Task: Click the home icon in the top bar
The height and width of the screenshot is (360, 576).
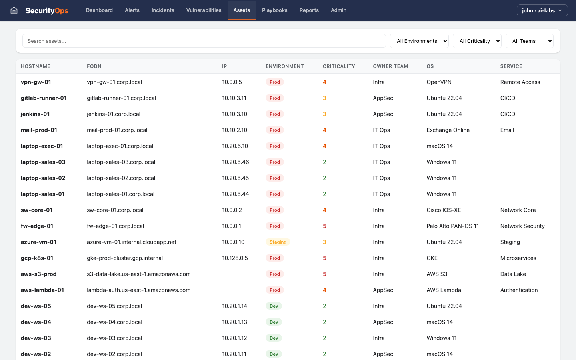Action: click(x=14, y=10)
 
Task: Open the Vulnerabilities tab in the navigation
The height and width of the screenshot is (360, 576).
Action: click(x=204, y=10)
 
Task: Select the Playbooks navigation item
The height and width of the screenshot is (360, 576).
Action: click(x=274, y=10)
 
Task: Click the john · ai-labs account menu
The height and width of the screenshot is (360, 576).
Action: click(x=542, y=10)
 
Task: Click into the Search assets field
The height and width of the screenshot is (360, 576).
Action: click(x=204, y=41)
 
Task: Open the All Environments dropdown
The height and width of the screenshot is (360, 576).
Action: click(x=419, y=41)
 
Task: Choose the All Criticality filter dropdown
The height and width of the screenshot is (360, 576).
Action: click(x=477, y=41)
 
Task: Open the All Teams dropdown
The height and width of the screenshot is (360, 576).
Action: click(x=529, y=41)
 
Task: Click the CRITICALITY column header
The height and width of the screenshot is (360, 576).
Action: click(x=339, y=66)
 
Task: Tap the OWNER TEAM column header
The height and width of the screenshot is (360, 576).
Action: click(x=390, y=66)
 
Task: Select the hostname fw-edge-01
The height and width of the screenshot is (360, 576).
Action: click(x=37, y=226)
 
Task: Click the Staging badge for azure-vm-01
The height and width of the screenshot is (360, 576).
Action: click(x=278, y=242)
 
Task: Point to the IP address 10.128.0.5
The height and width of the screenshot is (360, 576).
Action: click(x=235, y=258)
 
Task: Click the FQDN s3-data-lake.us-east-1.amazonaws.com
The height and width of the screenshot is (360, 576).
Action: click(x=139, y=274)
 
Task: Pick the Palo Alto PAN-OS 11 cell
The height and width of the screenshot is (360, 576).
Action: click(x=452, y=226)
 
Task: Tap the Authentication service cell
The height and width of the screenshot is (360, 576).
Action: click(x=519, y=290)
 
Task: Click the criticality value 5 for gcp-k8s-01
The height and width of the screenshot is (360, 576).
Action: click(x=324, y=258)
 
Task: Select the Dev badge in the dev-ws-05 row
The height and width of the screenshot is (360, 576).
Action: click(x=274, y=306)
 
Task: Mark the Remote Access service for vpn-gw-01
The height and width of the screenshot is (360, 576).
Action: click(x=520, y=82)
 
